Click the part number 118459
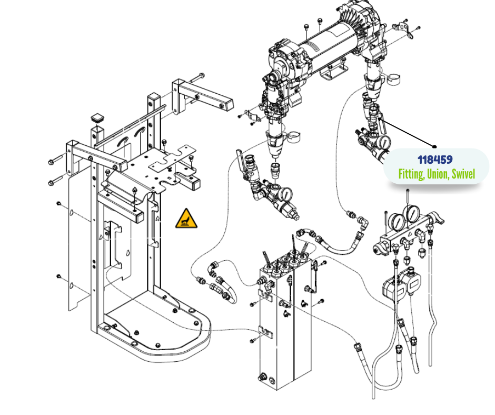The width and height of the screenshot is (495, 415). pyautogui.click(x=435, y=159)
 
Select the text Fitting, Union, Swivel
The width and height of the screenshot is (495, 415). pyautogui.click(x=436, y=174)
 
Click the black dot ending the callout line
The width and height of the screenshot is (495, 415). pyautogui.click(x=435, y=146)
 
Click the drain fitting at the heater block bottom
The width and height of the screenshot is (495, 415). pyautogui.click(x=262, y=378)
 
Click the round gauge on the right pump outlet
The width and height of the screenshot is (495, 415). pyautogui.click(x=383, y=141)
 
